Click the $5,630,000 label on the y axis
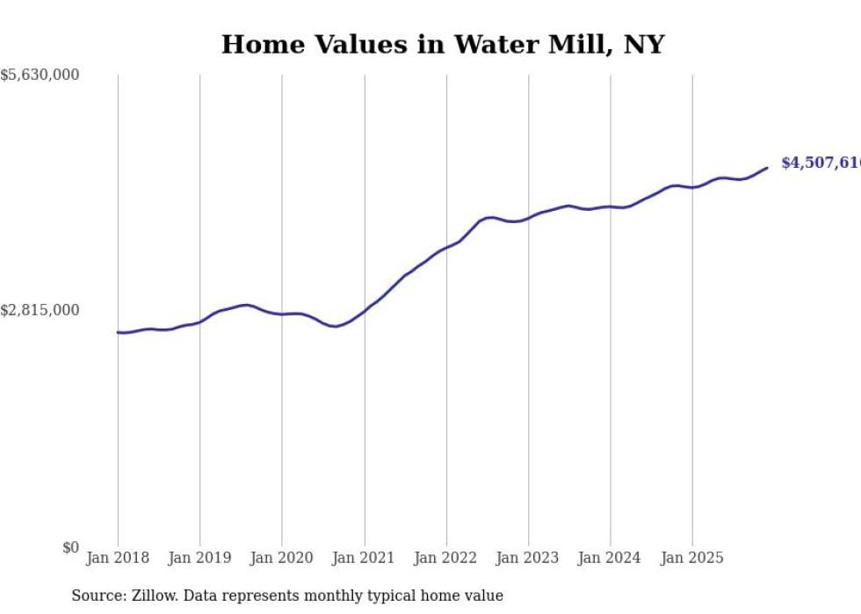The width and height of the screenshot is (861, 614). tap(40, 76)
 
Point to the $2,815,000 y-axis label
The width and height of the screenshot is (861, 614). tap(40, 310)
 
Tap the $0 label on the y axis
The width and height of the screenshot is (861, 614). tap(70, 547)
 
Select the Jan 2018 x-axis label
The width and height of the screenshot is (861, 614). tap(118, 558)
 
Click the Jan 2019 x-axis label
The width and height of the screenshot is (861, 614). tap(199, 558)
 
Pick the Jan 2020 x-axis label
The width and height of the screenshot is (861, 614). tap(282, 558)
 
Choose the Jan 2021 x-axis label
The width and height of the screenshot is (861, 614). tap(364, 558)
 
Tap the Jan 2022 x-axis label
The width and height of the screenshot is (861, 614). tap(446, 558)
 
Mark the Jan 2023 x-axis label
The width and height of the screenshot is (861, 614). tap(528, 558)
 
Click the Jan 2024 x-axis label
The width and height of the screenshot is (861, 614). tap(611, 558)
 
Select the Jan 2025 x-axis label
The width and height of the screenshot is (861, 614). tap(692, 558)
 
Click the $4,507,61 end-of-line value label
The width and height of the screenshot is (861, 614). tap(821, 163)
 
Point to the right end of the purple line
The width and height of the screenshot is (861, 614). tap(767, 168)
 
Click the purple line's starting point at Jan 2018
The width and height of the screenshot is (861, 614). tap(118, 332)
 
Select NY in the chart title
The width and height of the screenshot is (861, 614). tap(644, 45)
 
